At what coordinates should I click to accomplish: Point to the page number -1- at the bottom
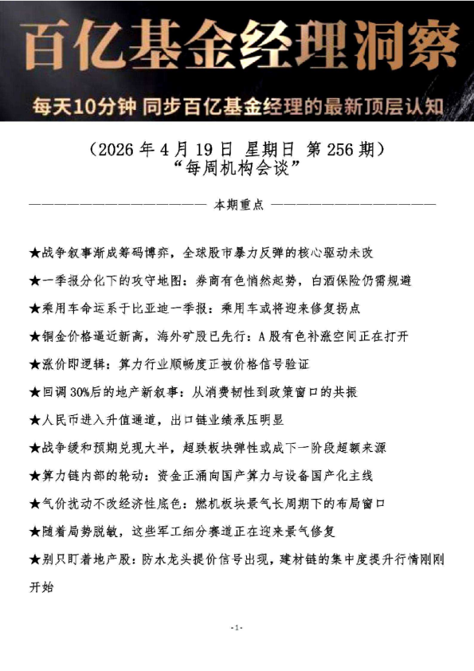pos(237,628)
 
